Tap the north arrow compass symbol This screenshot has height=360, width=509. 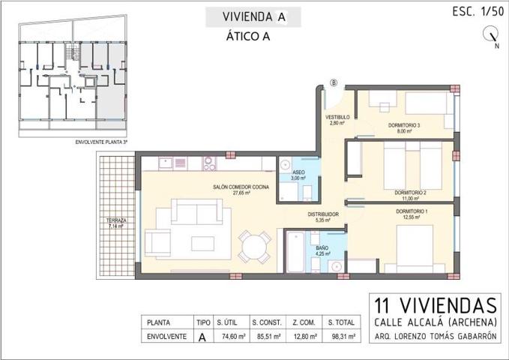tap(492, 33)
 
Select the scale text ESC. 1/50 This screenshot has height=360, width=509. tap(477, 11)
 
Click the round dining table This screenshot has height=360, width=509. tap(255, 246)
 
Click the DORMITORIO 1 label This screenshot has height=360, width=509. tap(412, 211)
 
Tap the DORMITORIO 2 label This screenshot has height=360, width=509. tap(410, 193)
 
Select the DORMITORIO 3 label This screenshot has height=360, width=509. tap(404, 124)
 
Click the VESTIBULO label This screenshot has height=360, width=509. tap(337, 118)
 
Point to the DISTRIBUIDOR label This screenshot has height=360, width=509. tap(323, 214)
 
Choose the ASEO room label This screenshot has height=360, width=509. tap(298, 172)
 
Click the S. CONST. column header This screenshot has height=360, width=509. tap(267, 321)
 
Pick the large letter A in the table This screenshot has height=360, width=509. tap(202, 337)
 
